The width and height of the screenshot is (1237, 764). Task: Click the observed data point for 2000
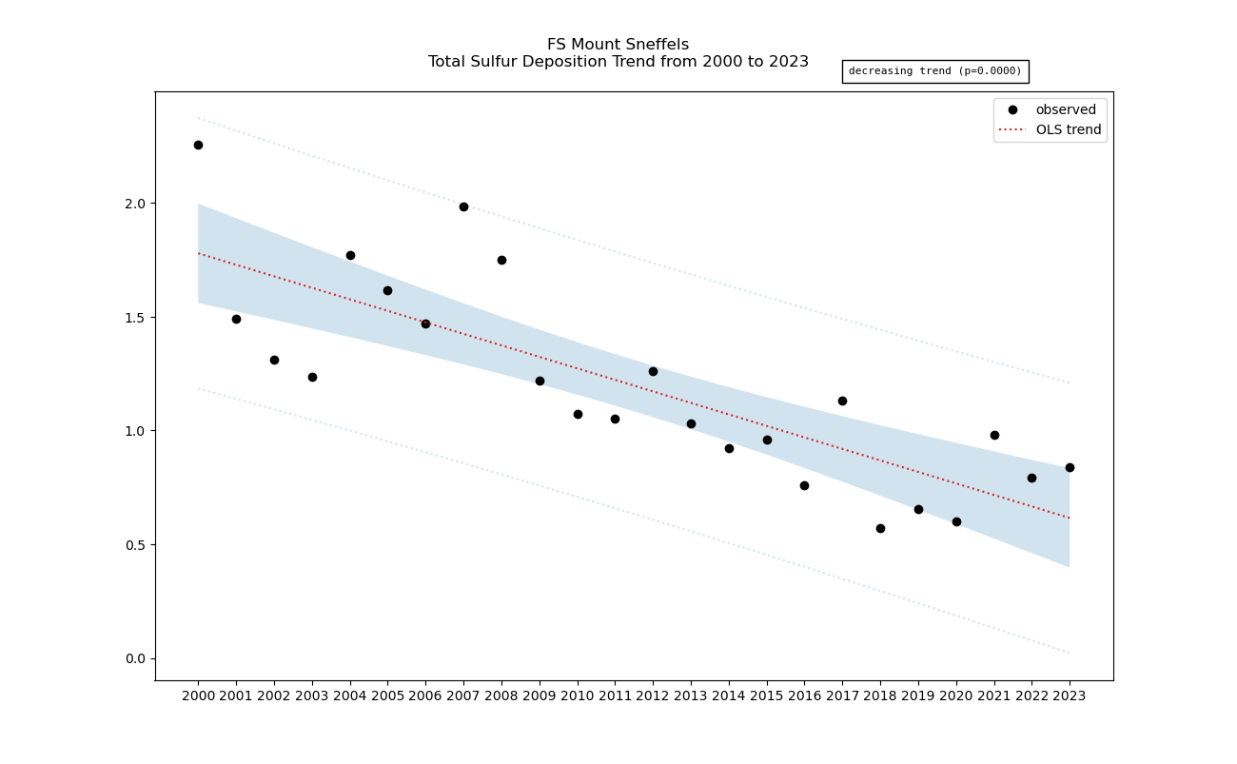(x=198, y=145)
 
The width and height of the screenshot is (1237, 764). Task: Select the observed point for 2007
(x=463, y=206)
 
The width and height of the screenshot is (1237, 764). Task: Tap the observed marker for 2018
(x=880, y=528)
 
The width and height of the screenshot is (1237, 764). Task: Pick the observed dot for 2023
(x=1070, y=467)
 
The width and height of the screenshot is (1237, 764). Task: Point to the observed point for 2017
(x=842, y=401)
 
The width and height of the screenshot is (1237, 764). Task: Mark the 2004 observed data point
(x=350, y=255)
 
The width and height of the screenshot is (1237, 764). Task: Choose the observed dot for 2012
(x=653, y=371)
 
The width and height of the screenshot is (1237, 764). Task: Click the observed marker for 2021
(x=994, y=435)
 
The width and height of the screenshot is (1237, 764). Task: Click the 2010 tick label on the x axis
(x=578, y=696)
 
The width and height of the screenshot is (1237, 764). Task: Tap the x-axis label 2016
(x=804, y=696)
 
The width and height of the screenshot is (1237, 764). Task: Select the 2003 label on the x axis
(x=312, y=696)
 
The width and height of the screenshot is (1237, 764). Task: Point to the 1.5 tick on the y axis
(x=135, y=317)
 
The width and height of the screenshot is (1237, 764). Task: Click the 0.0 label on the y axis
(x=135, y=658)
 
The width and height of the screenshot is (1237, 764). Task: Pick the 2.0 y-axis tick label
(x=135, y=204)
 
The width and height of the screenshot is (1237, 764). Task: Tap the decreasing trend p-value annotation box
(x=934, y=71)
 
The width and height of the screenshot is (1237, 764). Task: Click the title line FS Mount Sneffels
(x=618, y=45)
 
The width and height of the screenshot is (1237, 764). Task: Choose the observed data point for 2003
(x=312, y=377)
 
